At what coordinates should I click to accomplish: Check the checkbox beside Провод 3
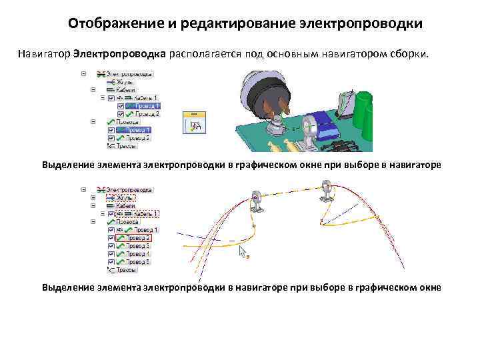click(x=110, y=246)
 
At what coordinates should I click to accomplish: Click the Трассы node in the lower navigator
click(x=127, y=270)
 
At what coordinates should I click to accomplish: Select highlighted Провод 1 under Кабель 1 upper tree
click(x=143, y=106)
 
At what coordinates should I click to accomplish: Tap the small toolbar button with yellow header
click(x=195, y=123)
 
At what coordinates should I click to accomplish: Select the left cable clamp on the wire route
click(x=256, y=200)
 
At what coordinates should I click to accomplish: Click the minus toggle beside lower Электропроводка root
click(x=83, y=190)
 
